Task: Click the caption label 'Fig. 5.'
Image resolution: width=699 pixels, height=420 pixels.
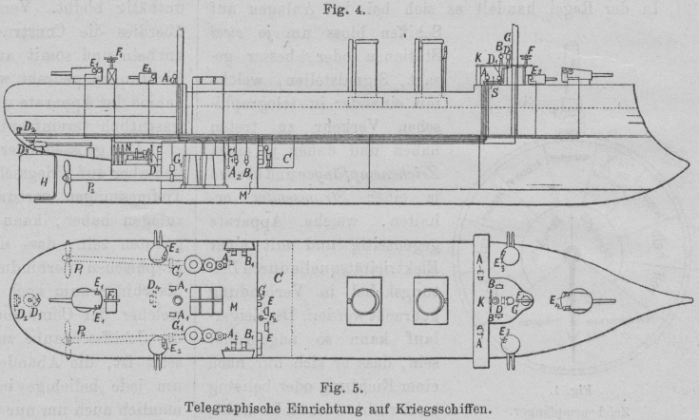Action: (348, 390)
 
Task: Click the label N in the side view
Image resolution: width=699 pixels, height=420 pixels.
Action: (113, 149)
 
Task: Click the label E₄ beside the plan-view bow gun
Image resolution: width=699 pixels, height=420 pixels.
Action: (553, 305)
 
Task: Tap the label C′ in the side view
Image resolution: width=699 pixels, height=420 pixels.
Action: (287, 149)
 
